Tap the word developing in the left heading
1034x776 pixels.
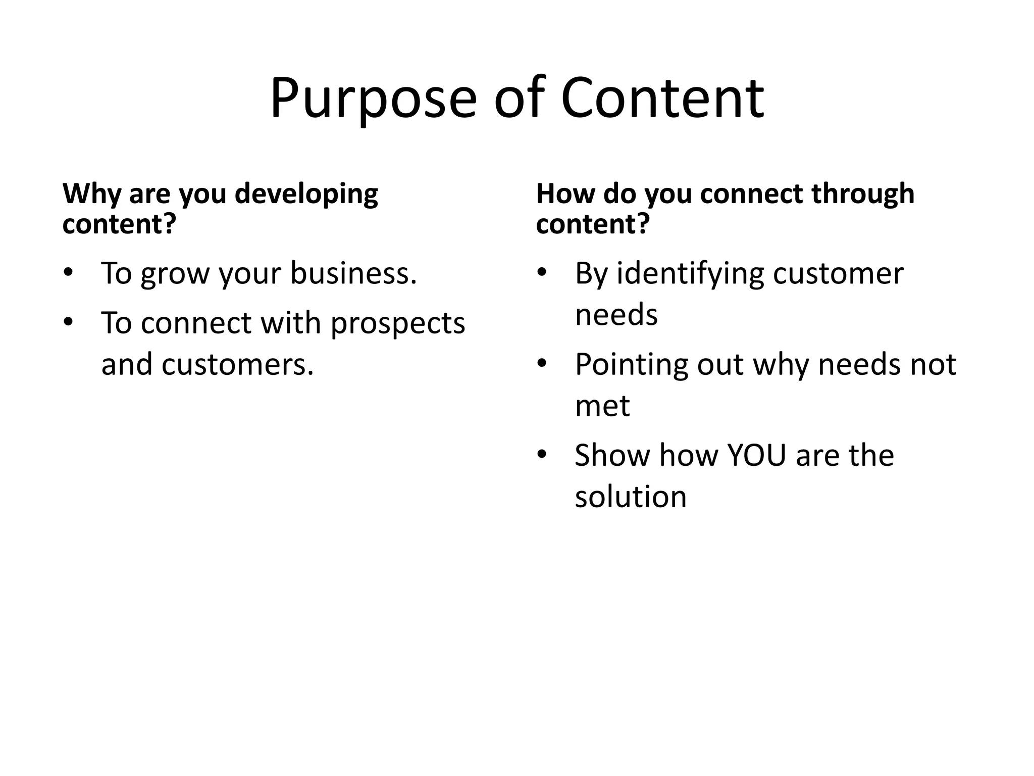tap(306, 195)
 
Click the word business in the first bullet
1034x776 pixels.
tap(353, 273)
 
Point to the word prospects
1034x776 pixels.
tap(397, 323)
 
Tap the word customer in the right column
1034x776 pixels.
tap(838, 273)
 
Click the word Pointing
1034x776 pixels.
tap(631, 365)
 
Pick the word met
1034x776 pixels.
tap(602, 406)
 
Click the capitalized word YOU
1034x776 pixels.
tap(756, 455)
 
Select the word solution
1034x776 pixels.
tap(631, 497)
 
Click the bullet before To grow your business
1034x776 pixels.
tap(68, 273)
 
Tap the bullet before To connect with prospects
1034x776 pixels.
tap(68, 322)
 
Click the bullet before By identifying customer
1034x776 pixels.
tap(542, 273)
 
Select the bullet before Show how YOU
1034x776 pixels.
tap(542, 455)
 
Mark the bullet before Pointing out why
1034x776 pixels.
tap(542, 364)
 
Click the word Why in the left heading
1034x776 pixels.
tap(91, 195)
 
